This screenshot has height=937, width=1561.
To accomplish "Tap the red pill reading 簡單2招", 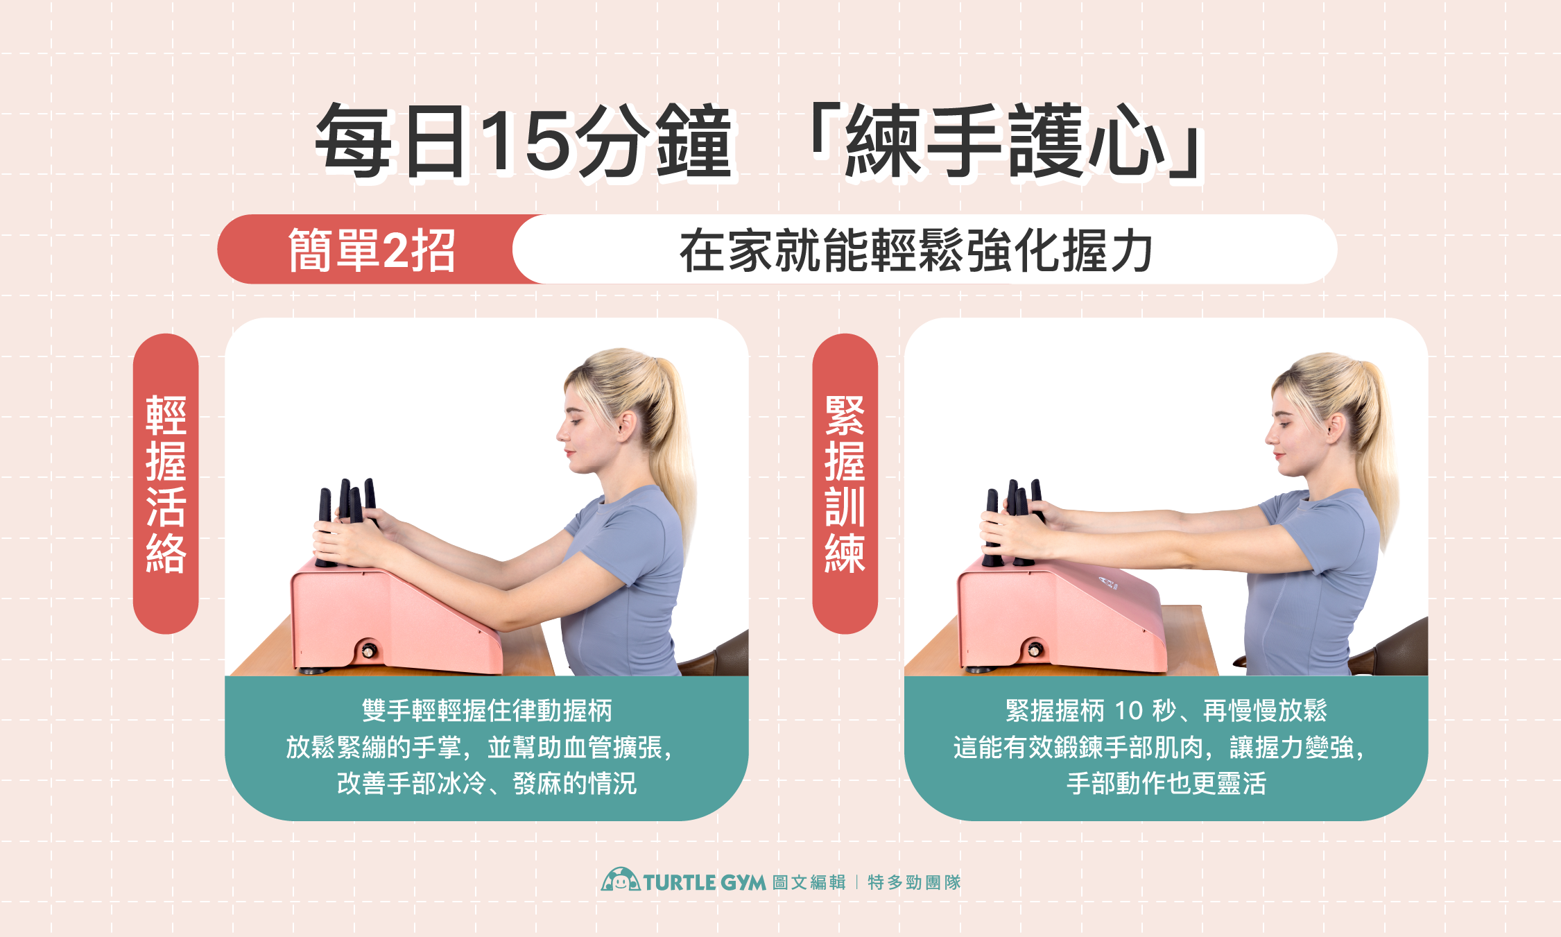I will [372, 250].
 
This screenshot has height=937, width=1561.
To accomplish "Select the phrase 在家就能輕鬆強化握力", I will [915, 250].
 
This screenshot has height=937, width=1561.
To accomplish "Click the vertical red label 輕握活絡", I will [166, 483].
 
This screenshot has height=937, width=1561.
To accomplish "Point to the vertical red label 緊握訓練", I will [845, 483].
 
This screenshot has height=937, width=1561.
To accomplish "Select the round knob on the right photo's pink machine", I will [1035, 650].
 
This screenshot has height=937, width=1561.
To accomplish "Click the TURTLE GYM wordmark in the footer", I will [704, 882].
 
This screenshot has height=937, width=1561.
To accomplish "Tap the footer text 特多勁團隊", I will [914, 882].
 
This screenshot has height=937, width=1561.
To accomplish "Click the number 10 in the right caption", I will [1128, 711].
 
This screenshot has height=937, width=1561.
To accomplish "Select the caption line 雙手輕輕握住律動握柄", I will [487, 711].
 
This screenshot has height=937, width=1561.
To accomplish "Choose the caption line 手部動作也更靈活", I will [1166, 784].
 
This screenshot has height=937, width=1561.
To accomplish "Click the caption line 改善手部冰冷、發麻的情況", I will [487, 784].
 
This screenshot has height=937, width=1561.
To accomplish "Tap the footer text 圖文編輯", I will [809, 882].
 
